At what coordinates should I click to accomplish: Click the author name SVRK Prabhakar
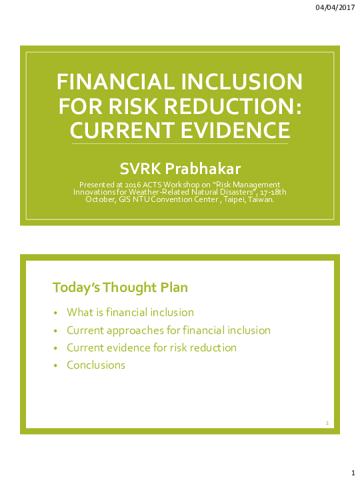[179, 167]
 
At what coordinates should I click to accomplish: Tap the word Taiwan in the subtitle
[261, 199]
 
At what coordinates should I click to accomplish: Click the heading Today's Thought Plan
[120, 287]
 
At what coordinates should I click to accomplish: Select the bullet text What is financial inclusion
[130, 312]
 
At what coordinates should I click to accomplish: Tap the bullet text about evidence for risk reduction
[151, 347]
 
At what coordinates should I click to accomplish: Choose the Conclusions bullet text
[96, 365]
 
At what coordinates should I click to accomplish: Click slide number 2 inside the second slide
[327, 423]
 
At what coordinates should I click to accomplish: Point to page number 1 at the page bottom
[352, 471]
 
